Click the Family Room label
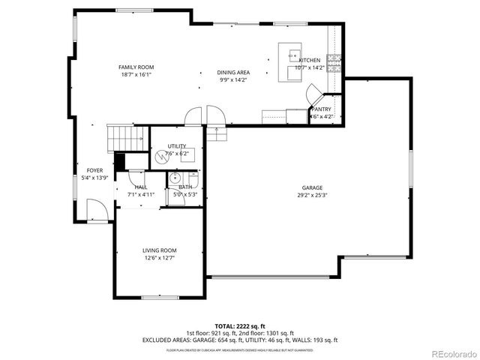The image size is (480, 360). pos(136,67)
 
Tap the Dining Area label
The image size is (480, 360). pos(234,72)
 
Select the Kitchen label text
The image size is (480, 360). pos(309,60)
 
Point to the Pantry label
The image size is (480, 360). pos(322,109)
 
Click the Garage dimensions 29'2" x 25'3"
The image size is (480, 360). pos(312,196)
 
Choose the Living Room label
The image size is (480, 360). pos(159,250)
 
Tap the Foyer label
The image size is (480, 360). pos(94,170)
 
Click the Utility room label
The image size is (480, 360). pos(177,145)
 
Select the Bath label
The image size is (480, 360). pos(184,187)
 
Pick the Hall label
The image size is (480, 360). pos(141,187)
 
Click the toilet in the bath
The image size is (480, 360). pos(174,178)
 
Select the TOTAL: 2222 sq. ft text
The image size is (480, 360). pos(240,326)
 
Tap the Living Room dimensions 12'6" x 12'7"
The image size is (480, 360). pos(159,259)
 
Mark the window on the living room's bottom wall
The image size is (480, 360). pos(159,298)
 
